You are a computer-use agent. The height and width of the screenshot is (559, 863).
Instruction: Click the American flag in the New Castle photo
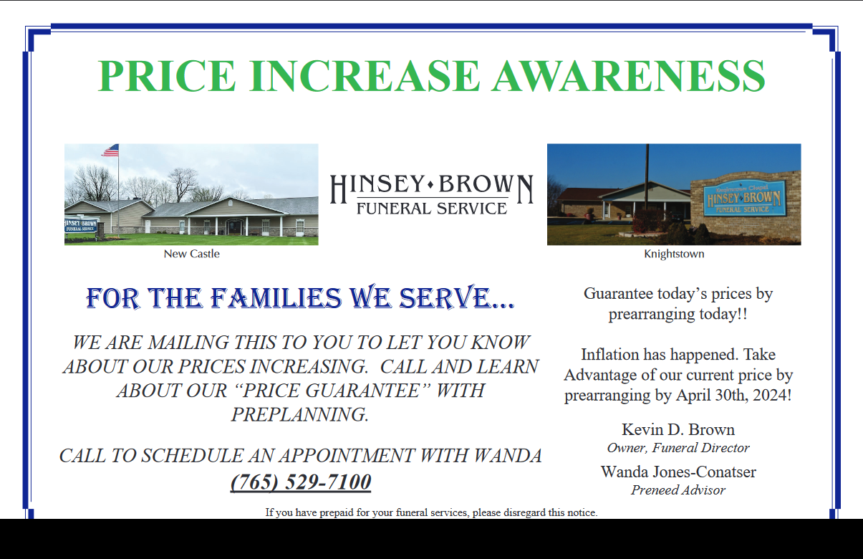point(110,150)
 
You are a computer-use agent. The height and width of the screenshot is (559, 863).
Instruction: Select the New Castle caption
point(191,254)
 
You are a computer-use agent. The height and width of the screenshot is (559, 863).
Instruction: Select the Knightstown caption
point(674,254)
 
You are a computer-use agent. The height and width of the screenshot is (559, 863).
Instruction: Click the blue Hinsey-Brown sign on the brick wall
point(743,199)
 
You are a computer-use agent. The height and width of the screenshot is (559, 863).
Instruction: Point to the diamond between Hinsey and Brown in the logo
point(430,185)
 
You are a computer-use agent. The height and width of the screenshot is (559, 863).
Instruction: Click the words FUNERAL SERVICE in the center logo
point(432,209)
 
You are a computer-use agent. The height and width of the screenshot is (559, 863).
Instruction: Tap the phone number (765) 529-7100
point(301,482)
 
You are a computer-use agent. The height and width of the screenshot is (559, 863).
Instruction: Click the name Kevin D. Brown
point(678,429)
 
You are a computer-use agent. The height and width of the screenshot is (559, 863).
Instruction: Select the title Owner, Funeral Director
point(678,448)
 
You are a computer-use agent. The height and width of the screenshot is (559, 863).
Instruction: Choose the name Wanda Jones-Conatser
point(678,472)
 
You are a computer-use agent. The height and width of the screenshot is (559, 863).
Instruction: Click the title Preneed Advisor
point(678,490)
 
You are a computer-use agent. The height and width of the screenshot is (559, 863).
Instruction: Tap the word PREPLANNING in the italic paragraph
point(300,415)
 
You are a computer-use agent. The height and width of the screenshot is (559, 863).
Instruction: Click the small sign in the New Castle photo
point(80,226)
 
